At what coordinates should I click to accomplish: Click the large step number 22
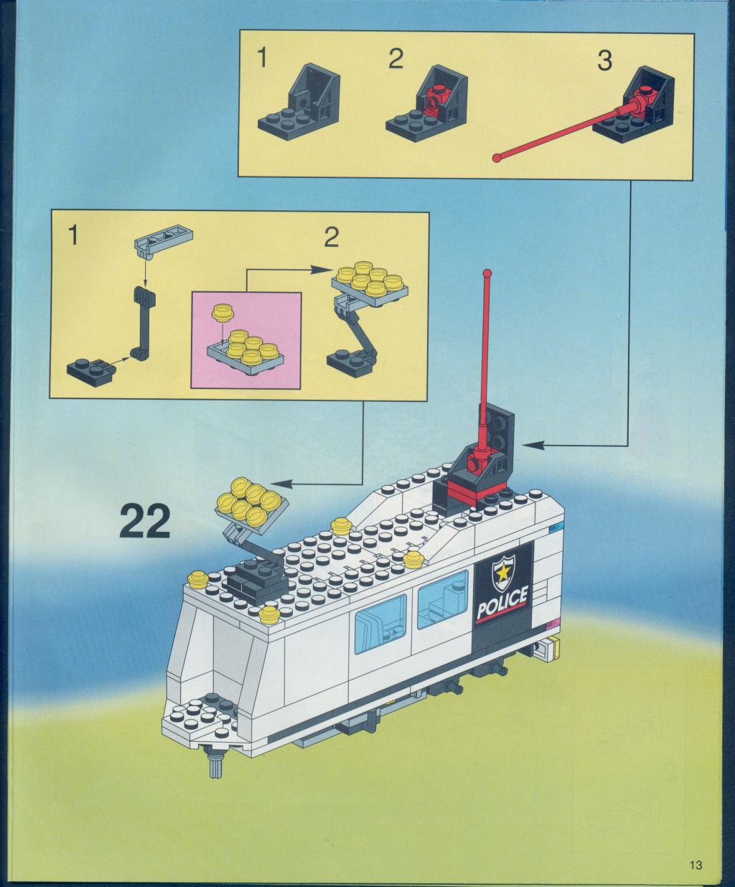point(145,521)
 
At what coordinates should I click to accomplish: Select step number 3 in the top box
point(604,61)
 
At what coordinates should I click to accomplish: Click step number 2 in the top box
point(395,59)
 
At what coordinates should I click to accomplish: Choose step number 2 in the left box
point(332,237)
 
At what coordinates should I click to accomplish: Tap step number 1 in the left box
point(74,235)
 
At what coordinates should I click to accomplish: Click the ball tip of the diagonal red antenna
point(496,158)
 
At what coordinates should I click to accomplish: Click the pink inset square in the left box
point(246,340)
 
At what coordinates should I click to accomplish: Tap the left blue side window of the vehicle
point(380,624)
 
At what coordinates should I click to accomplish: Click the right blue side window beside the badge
point(442,599)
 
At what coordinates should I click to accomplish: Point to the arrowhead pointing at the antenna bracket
point(533,445)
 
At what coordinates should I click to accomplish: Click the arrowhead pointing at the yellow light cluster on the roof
point(281,484)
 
